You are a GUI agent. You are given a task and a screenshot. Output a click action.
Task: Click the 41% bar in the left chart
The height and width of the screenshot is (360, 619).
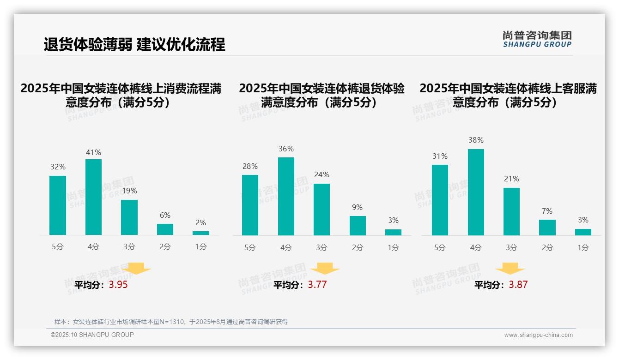click(93, 197)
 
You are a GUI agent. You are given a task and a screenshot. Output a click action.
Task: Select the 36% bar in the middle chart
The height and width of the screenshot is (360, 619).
click(286, 196)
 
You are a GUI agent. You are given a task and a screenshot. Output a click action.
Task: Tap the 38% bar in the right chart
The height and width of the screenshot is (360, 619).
click(476, 192)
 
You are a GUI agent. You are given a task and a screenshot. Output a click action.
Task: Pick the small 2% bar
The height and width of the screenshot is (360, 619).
click(201, 233)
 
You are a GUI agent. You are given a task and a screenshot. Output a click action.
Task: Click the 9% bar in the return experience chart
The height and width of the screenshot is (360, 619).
click(358, 226)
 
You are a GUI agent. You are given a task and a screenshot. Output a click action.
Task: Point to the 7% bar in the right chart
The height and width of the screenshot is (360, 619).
click(547, 228)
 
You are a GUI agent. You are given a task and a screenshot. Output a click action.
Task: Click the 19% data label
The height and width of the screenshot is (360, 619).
click(129, 191)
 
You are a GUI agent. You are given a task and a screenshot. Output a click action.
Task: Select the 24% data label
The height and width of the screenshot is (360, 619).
click(322, 174)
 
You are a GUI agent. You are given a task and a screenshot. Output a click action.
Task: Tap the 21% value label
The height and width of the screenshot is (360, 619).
click(511, 179)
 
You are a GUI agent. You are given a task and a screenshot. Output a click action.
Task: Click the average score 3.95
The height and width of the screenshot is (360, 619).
click(118, 285)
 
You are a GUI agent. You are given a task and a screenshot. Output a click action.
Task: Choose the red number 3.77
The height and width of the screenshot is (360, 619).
click(317, 285)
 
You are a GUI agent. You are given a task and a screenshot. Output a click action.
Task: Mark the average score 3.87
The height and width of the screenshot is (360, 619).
click(518, 285)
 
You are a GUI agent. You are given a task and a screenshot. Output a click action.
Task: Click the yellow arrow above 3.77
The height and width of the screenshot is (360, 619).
click(325, 269)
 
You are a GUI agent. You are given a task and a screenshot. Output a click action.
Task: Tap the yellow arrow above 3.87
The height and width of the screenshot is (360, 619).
click(510, 269)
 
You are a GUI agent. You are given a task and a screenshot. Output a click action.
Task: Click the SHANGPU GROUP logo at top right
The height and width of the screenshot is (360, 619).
click(537, 39)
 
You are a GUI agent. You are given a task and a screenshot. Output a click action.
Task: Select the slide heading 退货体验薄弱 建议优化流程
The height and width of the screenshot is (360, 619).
click(134, 44)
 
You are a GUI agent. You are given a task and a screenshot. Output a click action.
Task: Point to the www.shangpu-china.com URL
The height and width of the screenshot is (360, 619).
click(538, 335)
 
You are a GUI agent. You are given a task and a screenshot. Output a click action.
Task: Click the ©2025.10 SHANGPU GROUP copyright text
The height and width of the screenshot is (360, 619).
click(92, 335)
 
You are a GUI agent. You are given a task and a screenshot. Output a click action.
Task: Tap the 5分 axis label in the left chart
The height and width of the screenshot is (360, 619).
click(58, 247)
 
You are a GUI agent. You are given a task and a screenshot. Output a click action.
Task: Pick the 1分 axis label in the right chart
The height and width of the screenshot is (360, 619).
click(583, 248)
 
